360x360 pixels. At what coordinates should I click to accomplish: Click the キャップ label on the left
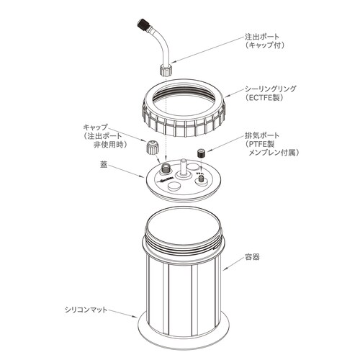(98, 126)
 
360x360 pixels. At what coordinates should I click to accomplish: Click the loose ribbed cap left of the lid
(152, 149)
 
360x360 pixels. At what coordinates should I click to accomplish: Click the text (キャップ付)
(267, 45)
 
